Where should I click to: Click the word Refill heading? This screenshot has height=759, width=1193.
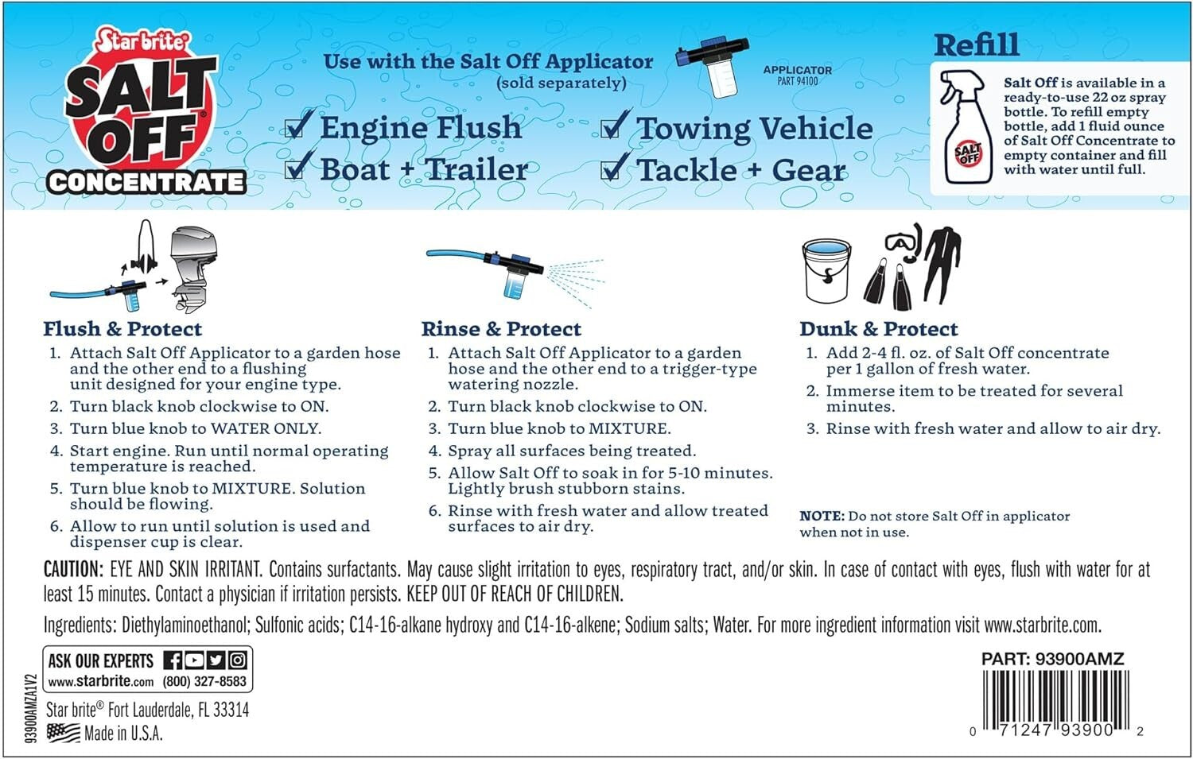pyautogui.click(x=976, y=45)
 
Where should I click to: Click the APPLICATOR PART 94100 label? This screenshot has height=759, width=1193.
pyautogui.click(x=797, y=75)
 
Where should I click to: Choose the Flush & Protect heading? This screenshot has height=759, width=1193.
pyautogui.click(x=122, y=329)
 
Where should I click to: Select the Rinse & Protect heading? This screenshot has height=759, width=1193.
pyautogui.click(x=501, y=329)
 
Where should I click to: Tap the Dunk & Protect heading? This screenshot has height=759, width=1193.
pyautogui.click(x=878, y=329)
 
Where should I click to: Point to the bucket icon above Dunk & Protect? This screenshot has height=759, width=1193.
pyautogui.click(x=826, y=271)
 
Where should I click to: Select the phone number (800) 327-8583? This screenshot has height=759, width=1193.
pyautogui.click(x=204, y=681)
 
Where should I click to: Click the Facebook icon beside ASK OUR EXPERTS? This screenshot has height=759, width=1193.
pyautogui.click(x=173, y=660)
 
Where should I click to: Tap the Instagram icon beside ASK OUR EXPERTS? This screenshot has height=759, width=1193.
pyautogui.click(x=238, y=660)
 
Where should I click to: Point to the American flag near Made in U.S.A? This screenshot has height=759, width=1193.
pyautogui.click(x=63, y=733)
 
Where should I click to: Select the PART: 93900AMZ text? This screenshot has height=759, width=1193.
pyautogui.click(x=1052, y=659)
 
